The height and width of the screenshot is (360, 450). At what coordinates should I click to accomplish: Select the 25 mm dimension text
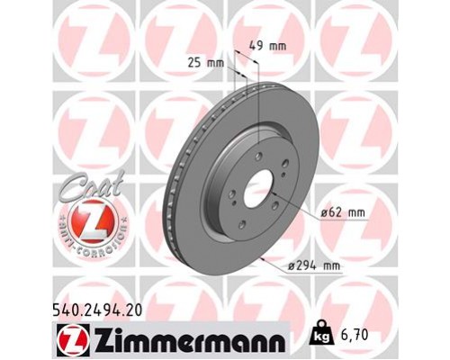tap(209, 62)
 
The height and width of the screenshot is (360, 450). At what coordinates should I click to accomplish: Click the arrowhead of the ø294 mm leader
tap(260, 257)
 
